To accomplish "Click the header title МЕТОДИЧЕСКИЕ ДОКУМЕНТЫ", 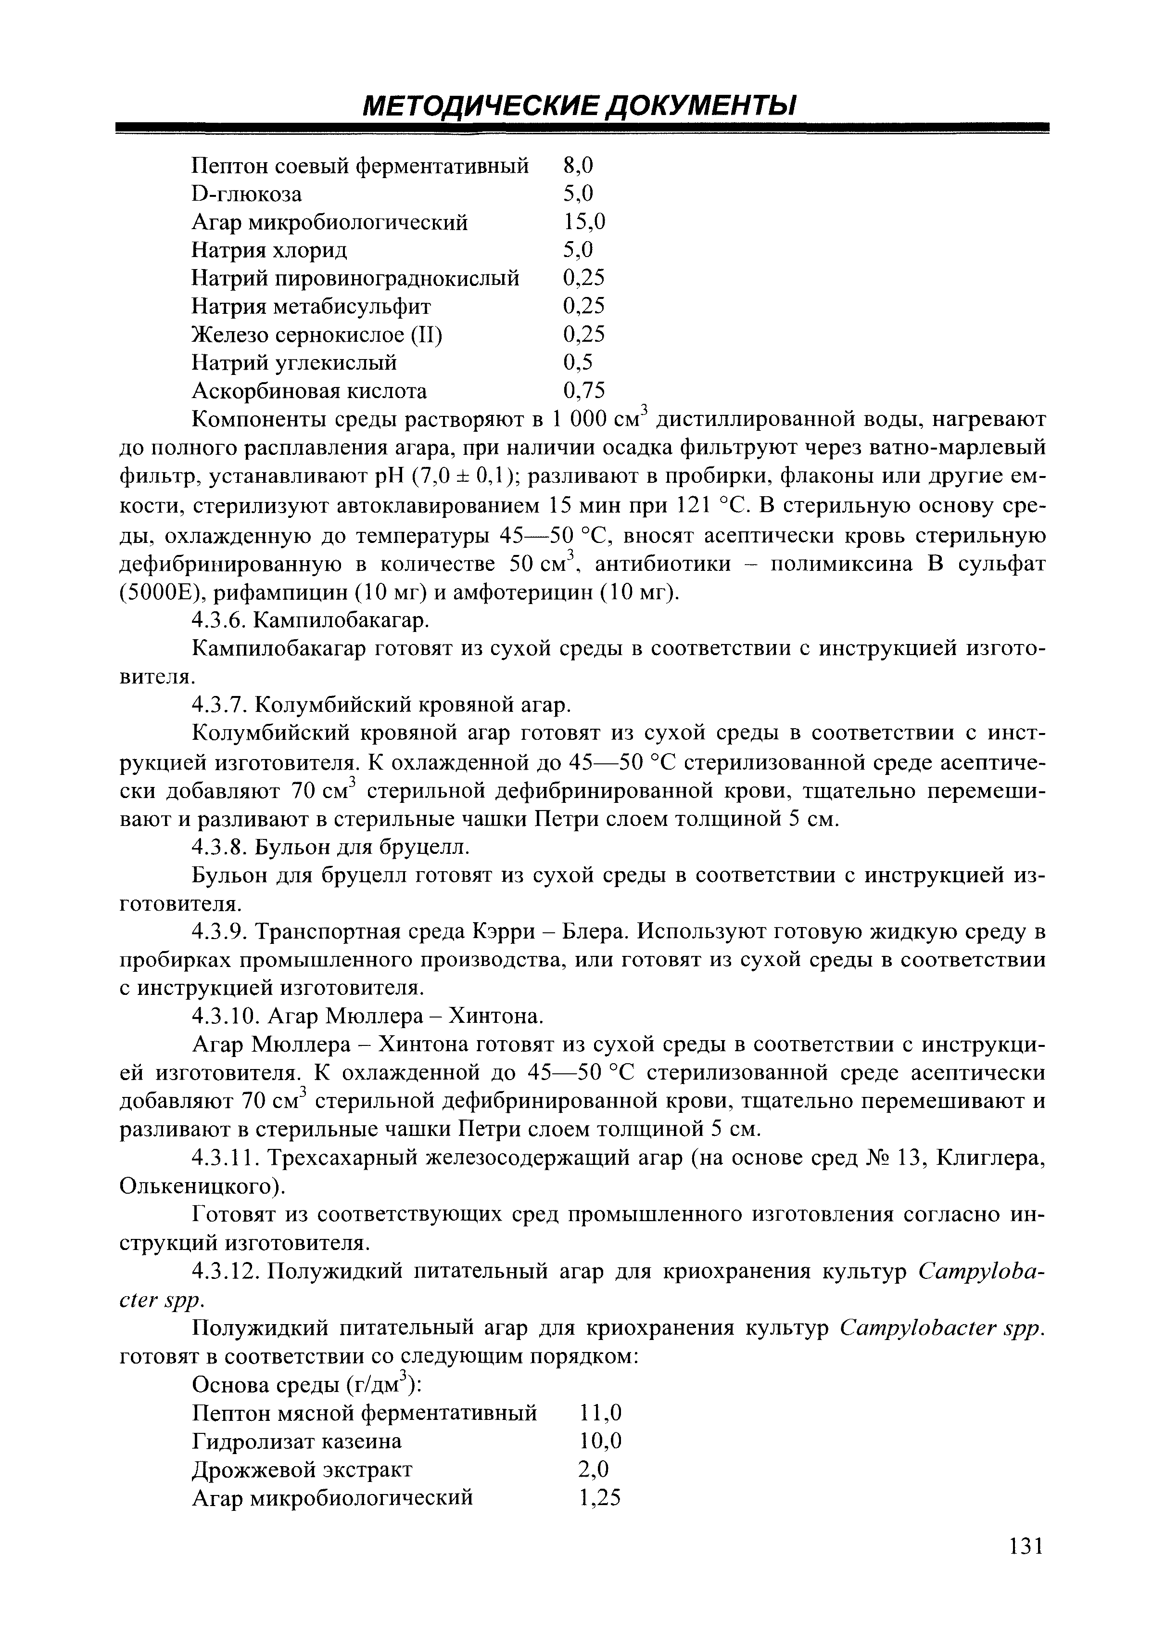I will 580,106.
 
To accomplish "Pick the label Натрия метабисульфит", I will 312,307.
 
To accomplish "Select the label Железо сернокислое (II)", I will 317,335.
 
